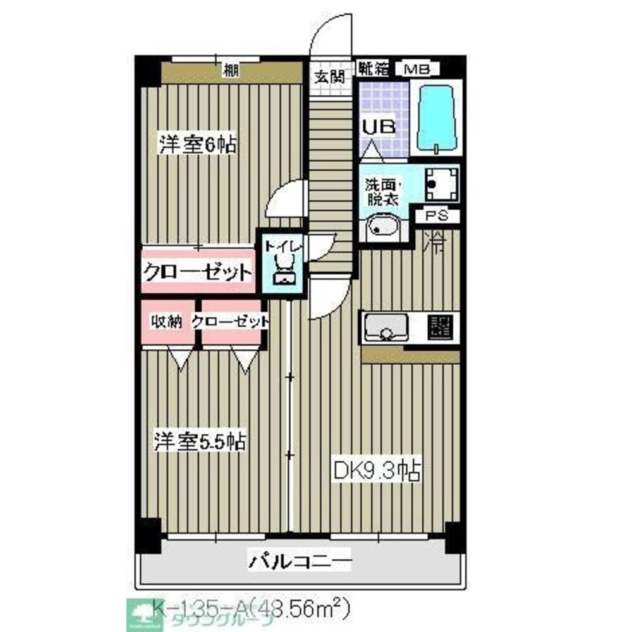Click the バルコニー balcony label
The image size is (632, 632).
point(298,560)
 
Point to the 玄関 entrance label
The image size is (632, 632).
point(329,78)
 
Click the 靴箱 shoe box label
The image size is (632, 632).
point(373,68)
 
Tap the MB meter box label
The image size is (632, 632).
point(418,68)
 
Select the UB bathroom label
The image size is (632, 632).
point(378,126)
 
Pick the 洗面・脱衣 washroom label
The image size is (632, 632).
point(381,192)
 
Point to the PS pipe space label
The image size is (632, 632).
point(437,216)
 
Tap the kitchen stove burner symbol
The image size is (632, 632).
point(440,326)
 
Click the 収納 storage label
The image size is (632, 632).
point(166,322)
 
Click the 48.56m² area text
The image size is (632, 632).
point(300,608)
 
